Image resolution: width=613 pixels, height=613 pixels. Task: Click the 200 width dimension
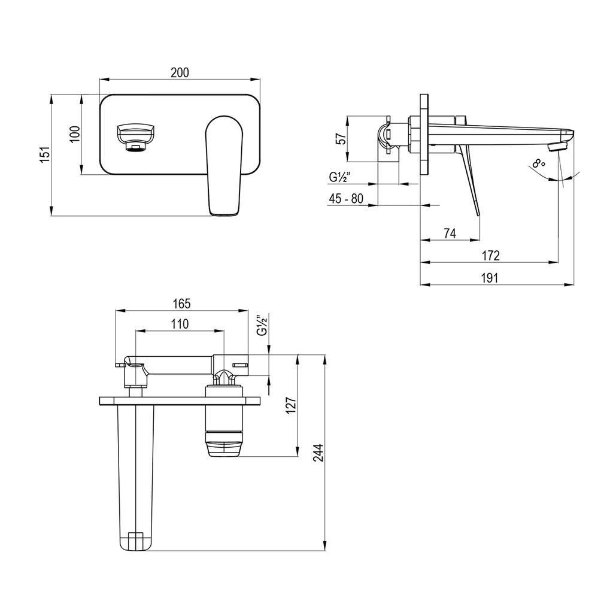pos(180,72)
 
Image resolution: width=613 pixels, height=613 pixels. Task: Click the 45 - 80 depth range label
pos(345,199)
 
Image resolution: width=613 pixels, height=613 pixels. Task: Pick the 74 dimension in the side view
pos(450,233)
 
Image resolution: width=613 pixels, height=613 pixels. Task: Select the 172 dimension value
pos(490,256)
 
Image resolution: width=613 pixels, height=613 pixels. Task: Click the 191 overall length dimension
pos(490,278)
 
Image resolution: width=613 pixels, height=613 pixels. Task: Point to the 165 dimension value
pos(181,304)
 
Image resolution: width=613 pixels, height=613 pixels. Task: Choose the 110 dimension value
pos(180,324)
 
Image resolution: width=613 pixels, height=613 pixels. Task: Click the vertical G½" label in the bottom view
pos(261,325)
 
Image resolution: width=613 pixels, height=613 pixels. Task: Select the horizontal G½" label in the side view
pos(339,177)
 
